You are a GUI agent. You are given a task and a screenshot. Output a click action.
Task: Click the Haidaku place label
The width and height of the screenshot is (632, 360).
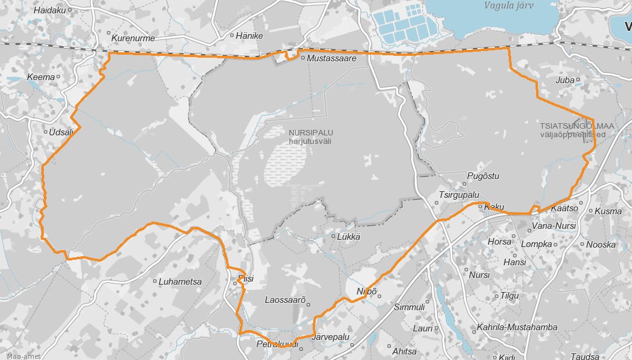[49, 10]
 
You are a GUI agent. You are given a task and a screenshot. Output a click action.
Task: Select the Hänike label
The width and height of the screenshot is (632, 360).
[250, 36]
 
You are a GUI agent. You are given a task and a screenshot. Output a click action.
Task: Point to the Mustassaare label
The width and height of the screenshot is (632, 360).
[331, 58]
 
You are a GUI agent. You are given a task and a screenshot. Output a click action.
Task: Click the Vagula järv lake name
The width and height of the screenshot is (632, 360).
[509, 5]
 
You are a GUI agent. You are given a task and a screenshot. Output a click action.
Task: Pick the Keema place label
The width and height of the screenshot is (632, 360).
[40, 77]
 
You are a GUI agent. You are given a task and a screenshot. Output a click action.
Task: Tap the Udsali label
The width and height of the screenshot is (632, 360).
[61, 132]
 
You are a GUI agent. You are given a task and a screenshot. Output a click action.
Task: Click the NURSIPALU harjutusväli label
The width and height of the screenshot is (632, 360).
[311, 137]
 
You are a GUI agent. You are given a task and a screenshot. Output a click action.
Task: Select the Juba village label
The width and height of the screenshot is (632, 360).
[565, 80]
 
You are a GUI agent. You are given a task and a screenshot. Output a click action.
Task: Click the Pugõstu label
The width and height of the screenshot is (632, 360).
[483, 177]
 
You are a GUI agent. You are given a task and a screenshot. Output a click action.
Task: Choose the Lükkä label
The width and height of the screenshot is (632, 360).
[348, 237]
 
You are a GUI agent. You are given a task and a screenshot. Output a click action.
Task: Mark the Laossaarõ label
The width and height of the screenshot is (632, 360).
[284, 299]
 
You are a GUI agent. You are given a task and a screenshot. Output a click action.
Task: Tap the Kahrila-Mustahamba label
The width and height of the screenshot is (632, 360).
[517, 327]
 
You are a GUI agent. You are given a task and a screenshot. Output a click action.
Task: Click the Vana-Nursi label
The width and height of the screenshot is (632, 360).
[553, 226]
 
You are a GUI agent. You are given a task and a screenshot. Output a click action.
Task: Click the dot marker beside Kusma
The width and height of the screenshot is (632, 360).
[591, 211]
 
